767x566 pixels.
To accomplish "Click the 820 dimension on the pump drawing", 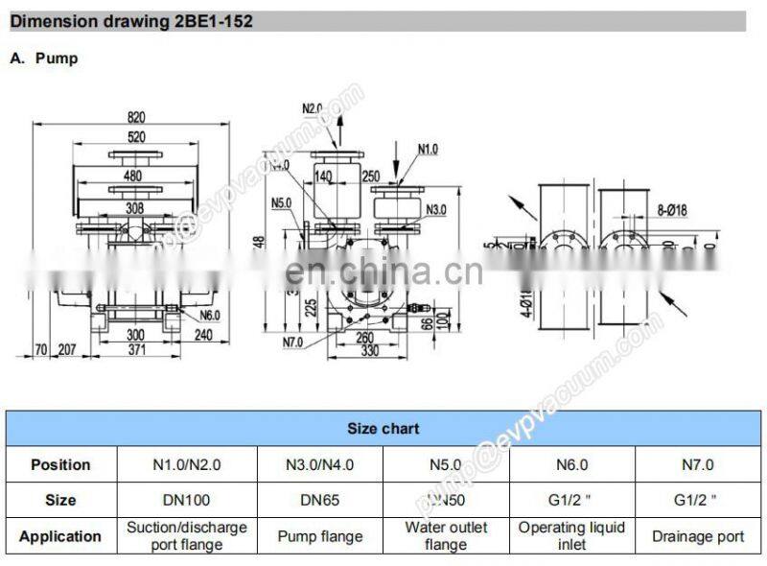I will (137, 117).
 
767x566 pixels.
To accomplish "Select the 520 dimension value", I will (137, 137).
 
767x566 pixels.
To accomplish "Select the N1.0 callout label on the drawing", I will (427, 149).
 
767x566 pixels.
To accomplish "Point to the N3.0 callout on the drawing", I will (436, 208).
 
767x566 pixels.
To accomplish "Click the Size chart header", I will (383, 429).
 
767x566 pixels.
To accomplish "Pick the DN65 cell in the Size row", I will (320, 500).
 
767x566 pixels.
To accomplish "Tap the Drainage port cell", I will (698, 536).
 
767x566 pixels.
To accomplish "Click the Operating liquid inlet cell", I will (572, 535).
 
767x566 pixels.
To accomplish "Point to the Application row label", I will (59, 536).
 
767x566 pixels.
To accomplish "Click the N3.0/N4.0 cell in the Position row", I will (320, 465).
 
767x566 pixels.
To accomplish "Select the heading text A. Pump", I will (44, 59).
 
